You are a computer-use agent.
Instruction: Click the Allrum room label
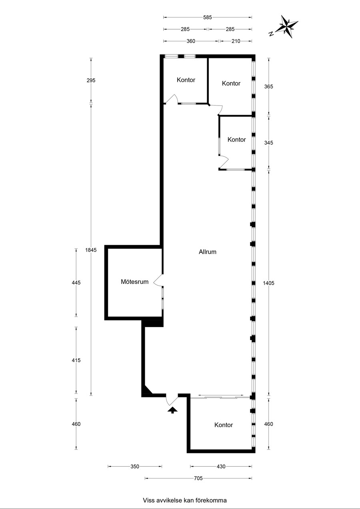point(208,252)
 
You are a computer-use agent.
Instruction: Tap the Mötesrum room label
point(134,282)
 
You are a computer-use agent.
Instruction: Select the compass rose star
point(286,26)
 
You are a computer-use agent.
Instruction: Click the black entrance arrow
point(172,410)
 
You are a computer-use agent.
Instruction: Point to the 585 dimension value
point(208,17)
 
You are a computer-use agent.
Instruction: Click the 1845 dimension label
point(91,250)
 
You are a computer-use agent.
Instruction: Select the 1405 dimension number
point(269,283)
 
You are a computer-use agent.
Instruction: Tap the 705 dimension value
point(198,478)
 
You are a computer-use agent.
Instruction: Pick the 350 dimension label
point(135,467)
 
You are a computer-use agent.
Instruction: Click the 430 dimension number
point(221,467)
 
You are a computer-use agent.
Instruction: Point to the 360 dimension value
point(191,41)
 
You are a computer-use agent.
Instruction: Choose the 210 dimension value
point(236,41)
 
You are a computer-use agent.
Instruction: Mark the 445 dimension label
point(76,283)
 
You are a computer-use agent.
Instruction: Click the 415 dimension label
point(76,360)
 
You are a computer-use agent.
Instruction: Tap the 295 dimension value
point(91,80)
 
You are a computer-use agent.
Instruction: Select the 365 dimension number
point(269,87)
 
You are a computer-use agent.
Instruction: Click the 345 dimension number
point(269,143)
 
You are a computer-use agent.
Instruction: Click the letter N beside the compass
point(271,34)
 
